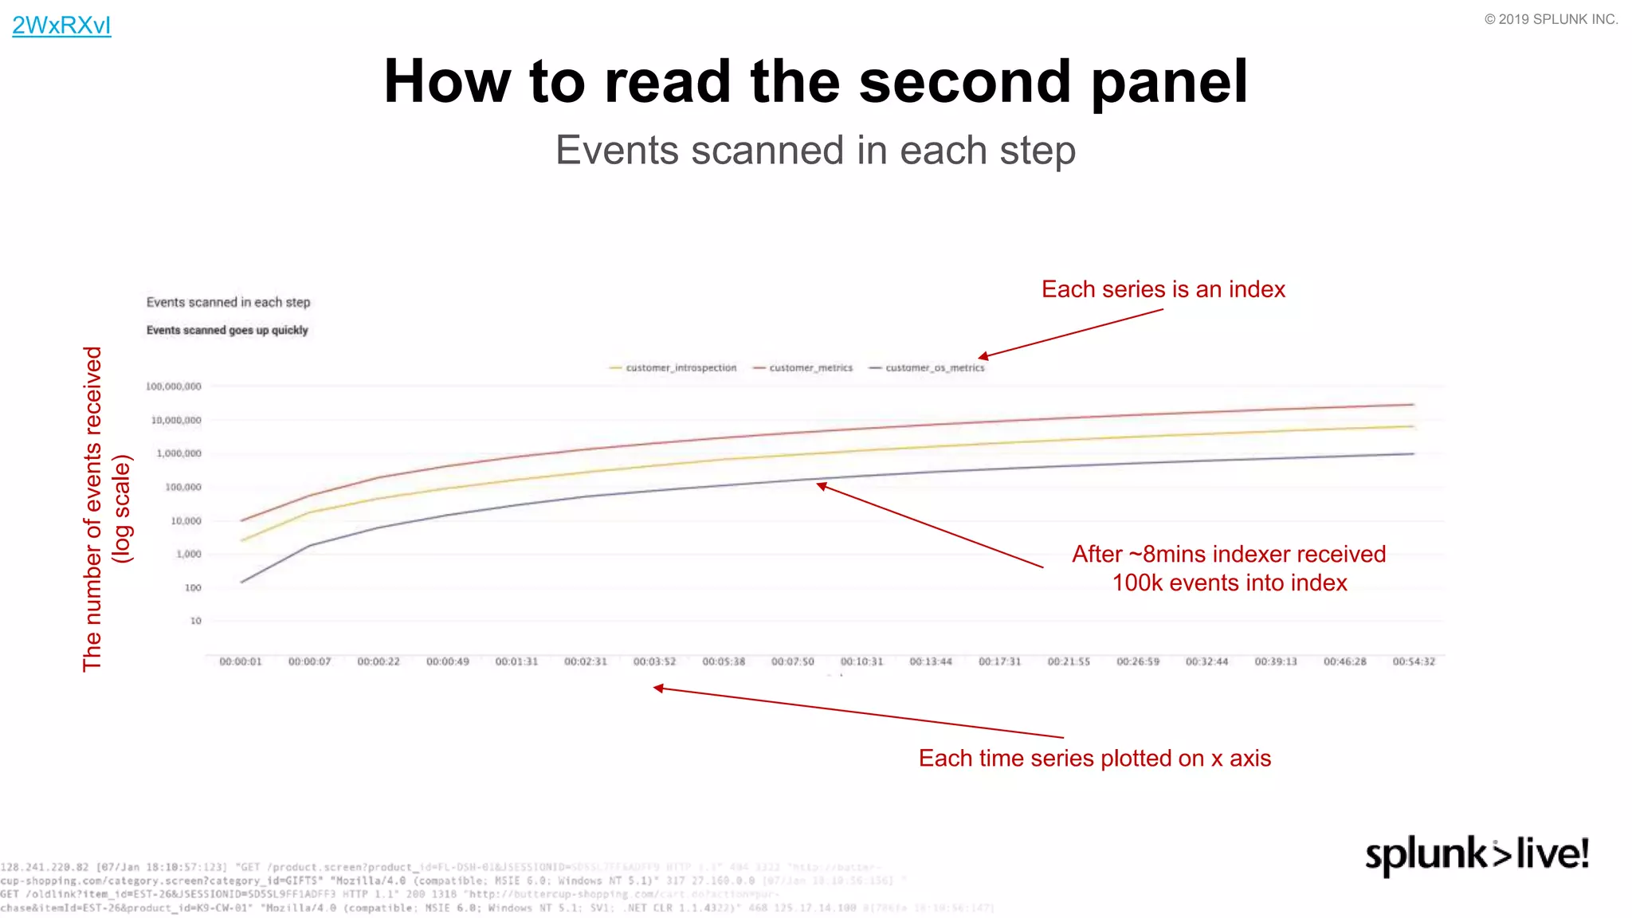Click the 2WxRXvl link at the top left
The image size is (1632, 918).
(61, 25)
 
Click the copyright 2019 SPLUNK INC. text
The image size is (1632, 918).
(1550, 19)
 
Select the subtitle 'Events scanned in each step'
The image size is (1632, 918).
(815, 151)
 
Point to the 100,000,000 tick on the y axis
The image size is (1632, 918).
(174, 386)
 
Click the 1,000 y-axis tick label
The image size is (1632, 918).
(189, 554)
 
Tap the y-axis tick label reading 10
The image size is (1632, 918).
(195, 621)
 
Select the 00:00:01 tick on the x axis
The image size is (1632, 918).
(241, 662)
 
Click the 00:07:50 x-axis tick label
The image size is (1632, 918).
(792, 662)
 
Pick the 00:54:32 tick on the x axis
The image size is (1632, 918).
(1413, 662)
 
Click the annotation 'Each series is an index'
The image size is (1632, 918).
(1163, 289)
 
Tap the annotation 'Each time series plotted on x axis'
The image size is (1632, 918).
(1094, 758)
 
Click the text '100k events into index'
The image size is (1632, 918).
(1229, 583)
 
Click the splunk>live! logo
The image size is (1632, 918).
(1477, 854)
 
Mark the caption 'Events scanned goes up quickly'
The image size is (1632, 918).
(227, 330)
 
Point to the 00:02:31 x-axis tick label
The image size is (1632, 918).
(586, 662)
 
